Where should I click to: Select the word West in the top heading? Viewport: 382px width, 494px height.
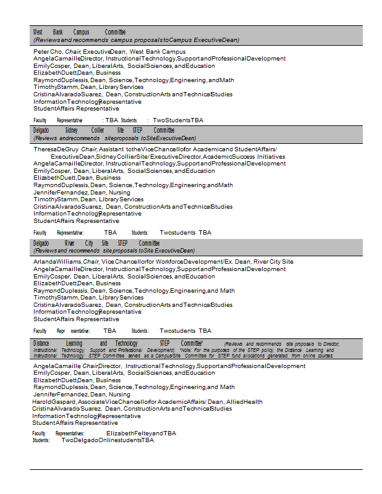click(x=38, y=32)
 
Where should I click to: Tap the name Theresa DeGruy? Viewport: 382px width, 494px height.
click(x=56, y=149)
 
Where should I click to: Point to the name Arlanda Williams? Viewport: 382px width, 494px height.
click(x=57, y=262)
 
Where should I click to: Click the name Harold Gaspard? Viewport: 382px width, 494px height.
click(x=54, y=401)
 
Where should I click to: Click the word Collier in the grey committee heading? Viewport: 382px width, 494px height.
click(x=98, y=130)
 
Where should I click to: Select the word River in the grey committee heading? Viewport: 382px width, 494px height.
click(x=69, y=243)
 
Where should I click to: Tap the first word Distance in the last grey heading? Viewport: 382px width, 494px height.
click(x=41, y=343)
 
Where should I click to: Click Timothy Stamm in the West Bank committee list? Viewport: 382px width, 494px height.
click(x=56, y=87)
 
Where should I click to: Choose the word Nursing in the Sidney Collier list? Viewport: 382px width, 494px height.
click(x=119, y=193)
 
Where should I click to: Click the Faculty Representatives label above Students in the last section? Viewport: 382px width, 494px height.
click(x=58, y=433)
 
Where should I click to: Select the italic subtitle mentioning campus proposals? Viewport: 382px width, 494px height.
click(x=136, y=40)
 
